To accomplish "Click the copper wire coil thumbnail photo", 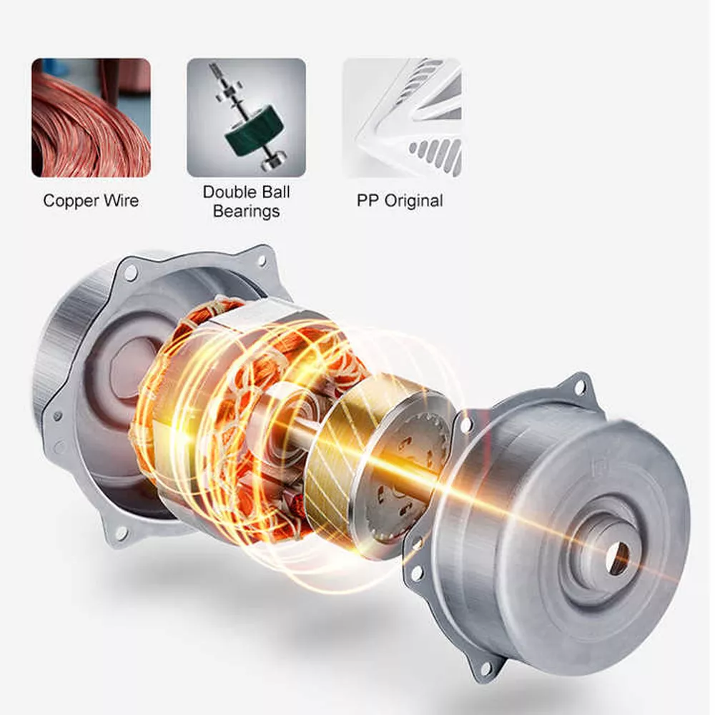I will pos(91,117).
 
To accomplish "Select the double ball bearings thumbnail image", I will pos(246,117).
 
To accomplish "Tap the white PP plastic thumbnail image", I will pos(401,117).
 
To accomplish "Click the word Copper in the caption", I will pos(68,201).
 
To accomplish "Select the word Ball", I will pos(275,192).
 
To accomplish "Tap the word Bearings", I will pos(246,211).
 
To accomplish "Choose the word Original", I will pos(414,201).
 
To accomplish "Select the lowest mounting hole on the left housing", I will pos(121,533).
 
